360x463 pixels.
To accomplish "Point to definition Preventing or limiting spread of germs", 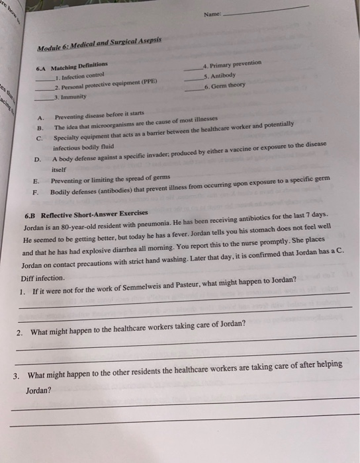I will pos(111,179).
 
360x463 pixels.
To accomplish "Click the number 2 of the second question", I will pos(20,331).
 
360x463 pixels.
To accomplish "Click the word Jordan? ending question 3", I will pos(38,390).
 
